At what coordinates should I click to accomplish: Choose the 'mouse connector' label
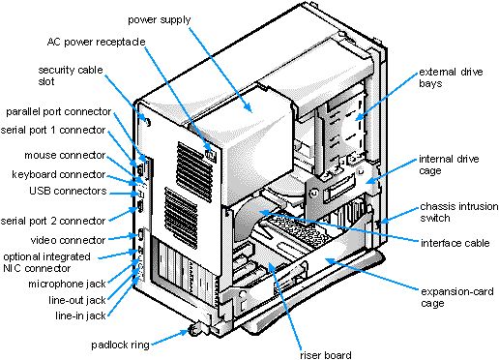(64, 155)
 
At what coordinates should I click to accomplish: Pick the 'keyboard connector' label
(58, 174)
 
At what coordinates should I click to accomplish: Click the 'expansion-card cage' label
(446, 296)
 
